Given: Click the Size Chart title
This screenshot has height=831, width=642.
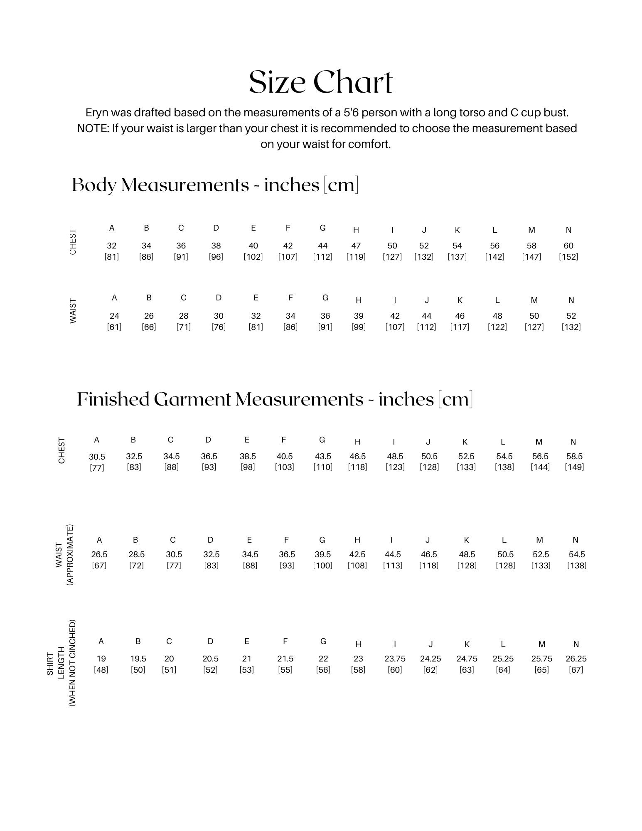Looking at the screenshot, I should [x=321, y=82].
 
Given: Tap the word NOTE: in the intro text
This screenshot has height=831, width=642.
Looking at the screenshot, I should [x=93, y=128].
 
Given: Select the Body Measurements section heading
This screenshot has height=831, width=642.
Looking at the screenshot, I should [x=215, y=185].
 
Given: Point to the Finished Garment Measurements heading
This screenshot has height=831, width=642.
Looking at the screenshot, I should [x=275, y=399].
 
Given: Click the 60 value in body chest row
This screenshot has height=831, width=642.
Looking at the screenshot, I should [x=568, y=246].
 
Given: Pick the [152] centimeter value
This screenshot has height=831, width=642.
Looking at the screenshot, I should [x=568, y=257].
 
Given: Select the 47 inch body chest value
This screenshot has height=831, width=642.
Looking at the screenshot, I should [x=356, y=246].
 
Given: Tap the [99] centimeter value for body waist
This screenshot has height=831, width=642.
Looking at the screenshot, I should [x=359, y=327].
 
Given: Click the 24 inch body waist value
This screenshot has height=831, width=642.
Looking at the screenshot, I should [x=114, y=316].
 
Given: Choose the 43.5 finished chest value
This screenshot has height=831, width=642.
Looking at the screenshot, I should [x=323, y=456].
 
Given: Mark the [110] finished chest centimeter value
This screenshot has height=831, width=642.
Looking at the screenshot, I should [x=323, y=467].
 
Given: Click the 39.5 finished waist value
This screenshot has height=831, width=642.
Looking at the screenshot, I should [x=322, y=554].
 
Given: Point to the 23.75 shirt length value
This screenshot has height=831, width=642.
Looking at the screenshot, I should [x=395, y=659].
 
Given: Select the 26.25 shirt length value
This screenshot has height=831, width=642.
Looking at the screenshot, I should [x=576, y=659].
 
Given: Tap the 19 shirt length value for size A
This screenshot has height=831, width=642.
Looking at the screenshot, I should [x=101, y=659].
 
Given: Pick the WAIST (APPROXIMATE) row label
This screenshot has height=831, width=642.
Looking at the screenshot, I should [x=64, y=555].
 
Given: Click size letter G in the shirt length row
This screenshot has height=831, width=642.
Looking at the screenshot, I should [x=323, y=641].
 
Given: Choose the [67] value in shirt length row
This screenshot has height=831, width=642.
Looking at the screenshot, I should [x=576, y=670].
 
